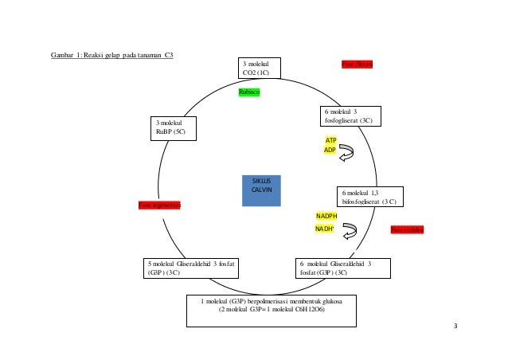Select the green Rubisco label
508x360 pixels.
tap(249, 92)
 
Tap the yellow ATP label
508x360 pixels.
tap(330, 139)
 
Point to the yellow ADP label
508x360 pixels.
tap(330, 150)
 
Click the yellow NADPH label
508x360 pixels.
tap(326, 216)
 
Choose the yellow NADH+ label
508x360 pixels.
tap(325, 229)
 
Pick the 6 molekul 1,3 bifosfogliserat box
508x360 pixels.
tap(370, 197)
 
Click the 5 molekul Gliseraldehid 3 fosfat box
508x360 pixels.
tap(193, 268)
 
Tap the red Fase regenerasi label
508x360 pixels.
tap(159, 205)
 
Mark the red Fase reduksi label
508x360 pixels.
tap(407, 229)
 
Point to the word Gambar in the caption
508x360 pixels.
tap(61, 55)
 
